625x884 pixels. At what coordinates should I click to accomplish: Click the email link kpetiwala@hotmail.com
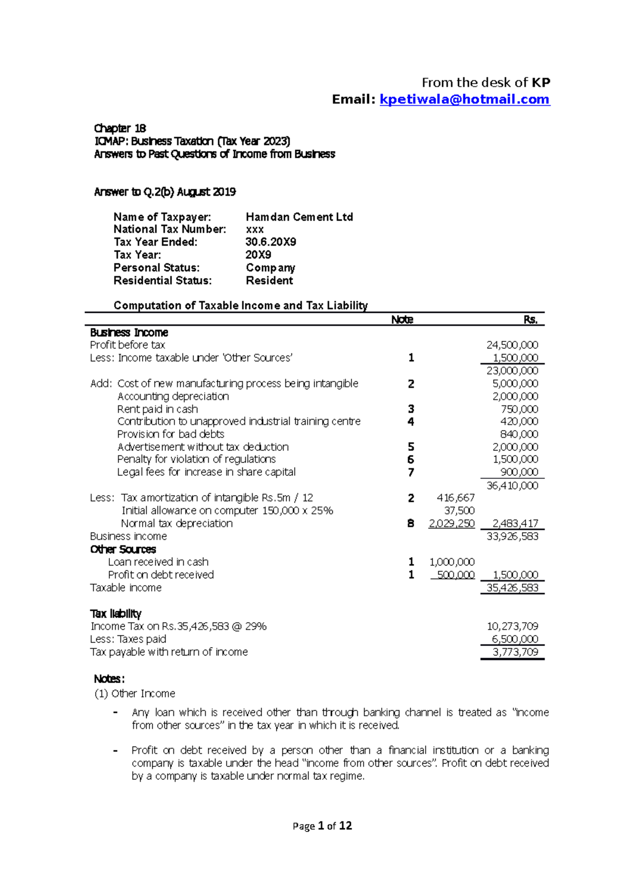click(x=465, y=99)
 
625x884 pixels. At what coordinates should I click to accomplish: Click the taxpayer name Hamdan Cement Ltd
click(x=299, y=217)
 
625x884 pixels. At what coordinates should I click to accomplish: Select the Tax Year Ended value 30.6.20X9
click(x=270, y=242)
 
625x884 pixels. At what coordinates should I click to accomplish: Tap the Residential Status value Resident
click(x=269, y=281)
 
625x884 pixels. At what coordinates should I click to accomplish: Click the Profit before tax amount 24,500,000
click(x=512, y=345)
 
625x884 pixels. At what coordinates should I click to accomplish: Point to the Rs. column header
click(x=530, y=320)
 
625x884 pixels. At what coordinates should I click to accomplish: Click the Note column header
click(x=402, y=320)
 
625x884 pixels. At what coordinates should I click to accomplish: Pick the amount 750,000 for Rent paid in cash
click(x=519, y=409)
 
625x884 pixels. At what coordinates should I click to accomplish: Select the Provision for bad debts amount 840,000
click(x=519, y=434)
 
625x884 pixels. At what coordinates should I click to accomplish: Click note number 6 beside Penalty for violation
click(x=411, y=460)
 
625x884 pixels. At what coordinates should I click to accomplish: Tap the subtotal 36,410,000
click(x=512, y=486)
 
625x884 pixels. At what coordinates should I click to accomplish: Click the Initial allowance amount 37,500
click(x=459, y=511)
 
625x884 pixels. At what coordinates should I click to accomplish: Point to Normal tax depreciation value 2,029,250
click(x=451, y=524)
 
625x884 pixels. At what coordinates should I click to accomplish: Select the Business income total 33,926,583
click(x=512, y=536)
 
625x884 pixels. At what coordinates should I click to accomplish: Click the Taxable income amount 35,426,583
click(x=512, y=588)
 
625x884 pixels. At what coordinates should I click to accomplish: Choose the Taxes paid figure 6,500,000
click(x=515, y=639)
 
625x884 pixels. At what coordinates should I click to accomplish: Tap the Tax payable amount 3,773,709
click(x=515, y=652)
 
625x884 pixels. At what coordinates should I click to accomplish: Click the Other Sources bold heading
click(x=123, y=549)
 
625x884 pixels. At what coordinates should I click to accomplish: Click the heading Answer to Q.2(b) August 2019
click(x=165, y=192)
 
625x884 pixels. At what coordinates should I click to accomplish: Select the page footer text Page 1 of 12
click(x=322, y=826)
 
